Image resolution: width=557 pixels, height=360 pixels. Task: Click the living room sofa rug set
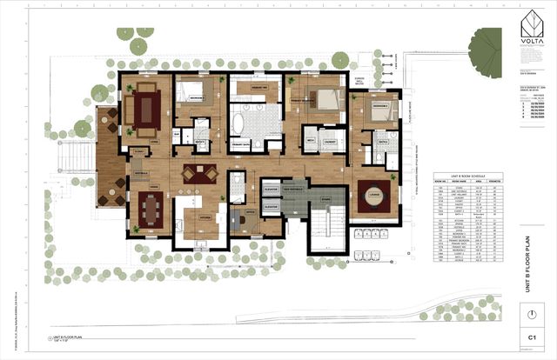click(x=143, y=109)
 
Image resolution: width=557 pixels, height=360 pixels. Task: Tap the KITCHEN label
click(x=206, y=217)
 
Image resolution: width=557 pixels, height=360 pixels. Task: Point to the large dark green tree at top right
click(x=485, y=44)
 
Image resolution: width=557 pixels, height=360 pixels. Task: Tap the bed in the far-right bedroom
click(x=378, y=110)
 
